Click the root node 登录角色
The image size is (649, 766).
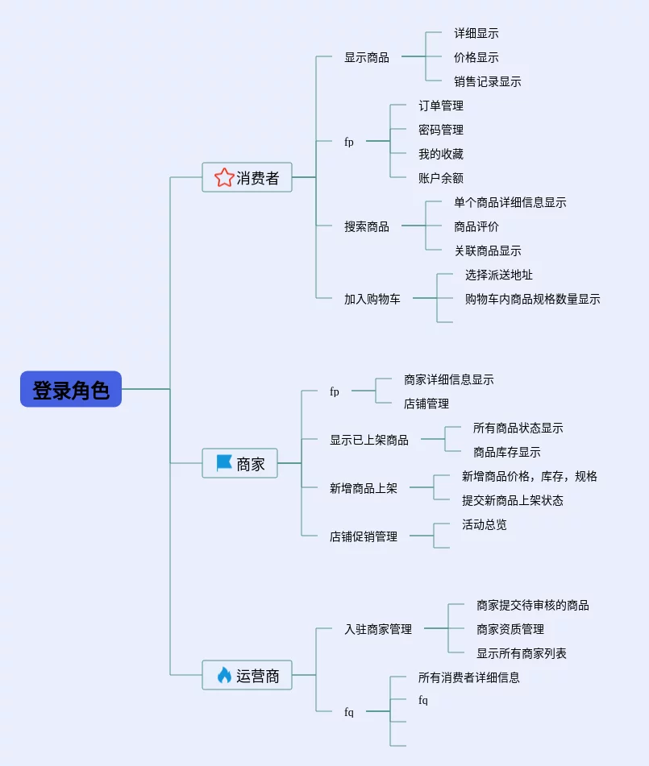[x=71, y=389]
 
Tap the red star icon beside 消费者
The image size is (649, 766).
[x=224, y=177]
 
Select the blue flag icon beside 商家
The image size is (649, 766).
[x=224, y=463]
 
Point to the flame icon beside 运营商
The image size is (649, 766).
[x=224, y=675]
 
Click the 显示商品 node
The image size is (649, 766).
[x=366, y=57]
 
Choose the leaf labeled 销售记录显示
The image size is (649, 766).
[x=487, y=81]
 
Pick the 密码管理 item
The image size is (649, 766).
[x=440, y=130]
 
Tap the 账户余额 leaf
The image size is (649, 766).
[x=440, y=178]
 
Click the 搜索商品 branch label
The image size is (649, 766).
[x=366, y=226]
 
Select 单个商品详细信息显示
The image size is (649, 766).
[x=510, y=202]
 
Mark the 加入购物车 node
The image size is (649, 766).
[x=372, y=299]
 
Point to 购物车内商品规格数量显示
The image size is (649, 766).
[x=532, y=299]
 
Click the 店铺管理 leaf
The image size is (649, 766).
[x=426, y=404]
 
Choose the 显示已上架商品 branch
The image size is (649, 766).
[x=368, y=440]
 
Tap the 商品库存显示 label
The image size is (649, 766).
[x=506, y=452]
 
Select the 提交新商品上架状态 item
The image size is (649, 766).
[x=512, y=500]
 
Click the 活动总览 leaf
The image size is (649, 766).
[x=484, y=524]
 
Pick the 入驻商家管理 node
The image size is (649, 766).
[x=377, y=629]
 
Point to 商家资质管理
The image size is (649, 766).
[x=510, y=629]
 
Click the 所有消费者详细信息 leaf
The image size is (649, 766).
[x=468, y=677]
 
